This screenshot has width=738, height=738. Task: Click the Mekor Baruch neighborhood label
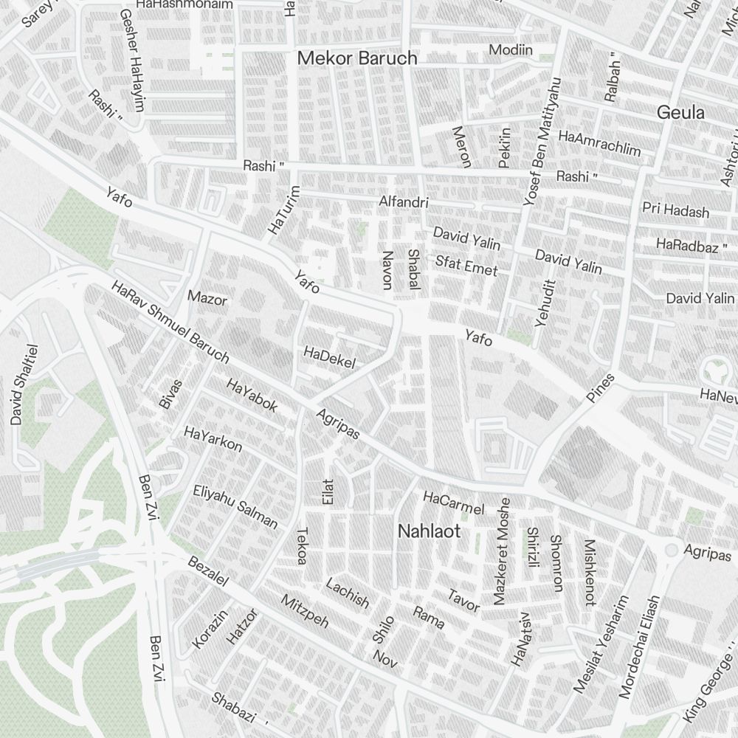point(357,58)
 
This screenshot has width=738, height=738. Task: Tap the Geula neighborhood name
point(680,113)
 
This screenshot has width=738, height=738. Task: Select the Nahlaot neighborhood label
point(429,531)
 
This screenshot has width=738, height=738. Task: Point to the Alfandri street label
point(404,201)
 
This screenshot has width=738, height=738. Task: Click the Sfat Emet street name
point(466,265)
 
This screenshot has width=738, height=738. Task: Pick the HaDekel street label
point(329,357)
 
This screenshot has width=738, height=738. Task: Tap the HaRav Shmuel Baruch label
point(170,322)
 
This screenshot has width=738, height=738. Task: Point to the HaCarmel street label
point(453,503)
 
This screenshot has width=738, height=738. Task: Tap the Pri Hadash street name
point(675,210)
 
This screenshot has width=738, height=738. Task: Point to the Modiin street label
point(511,50)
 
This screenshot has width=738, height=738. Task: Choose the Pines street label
point(601,388)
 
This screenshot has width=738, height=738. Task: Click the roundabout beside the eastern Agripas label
point(671,551)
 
